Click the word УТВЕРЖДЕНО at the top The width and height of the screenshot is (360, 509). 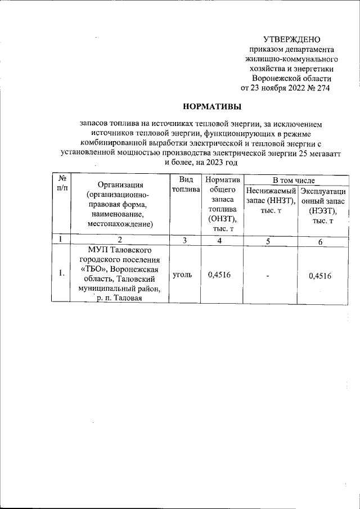[x=292, y=39]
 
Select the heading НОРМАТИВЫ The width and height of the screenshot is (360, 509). [x=208, y=105]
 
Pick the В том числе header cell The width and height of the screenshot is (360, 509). [x=293, y=179]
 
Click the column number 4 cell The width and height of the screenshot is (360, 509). [x=220, y=241]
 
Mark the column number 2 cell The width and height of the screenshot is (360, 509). [x=119, y=241]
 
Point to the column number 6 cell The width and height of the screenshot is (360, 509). [x=319, y=241]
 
